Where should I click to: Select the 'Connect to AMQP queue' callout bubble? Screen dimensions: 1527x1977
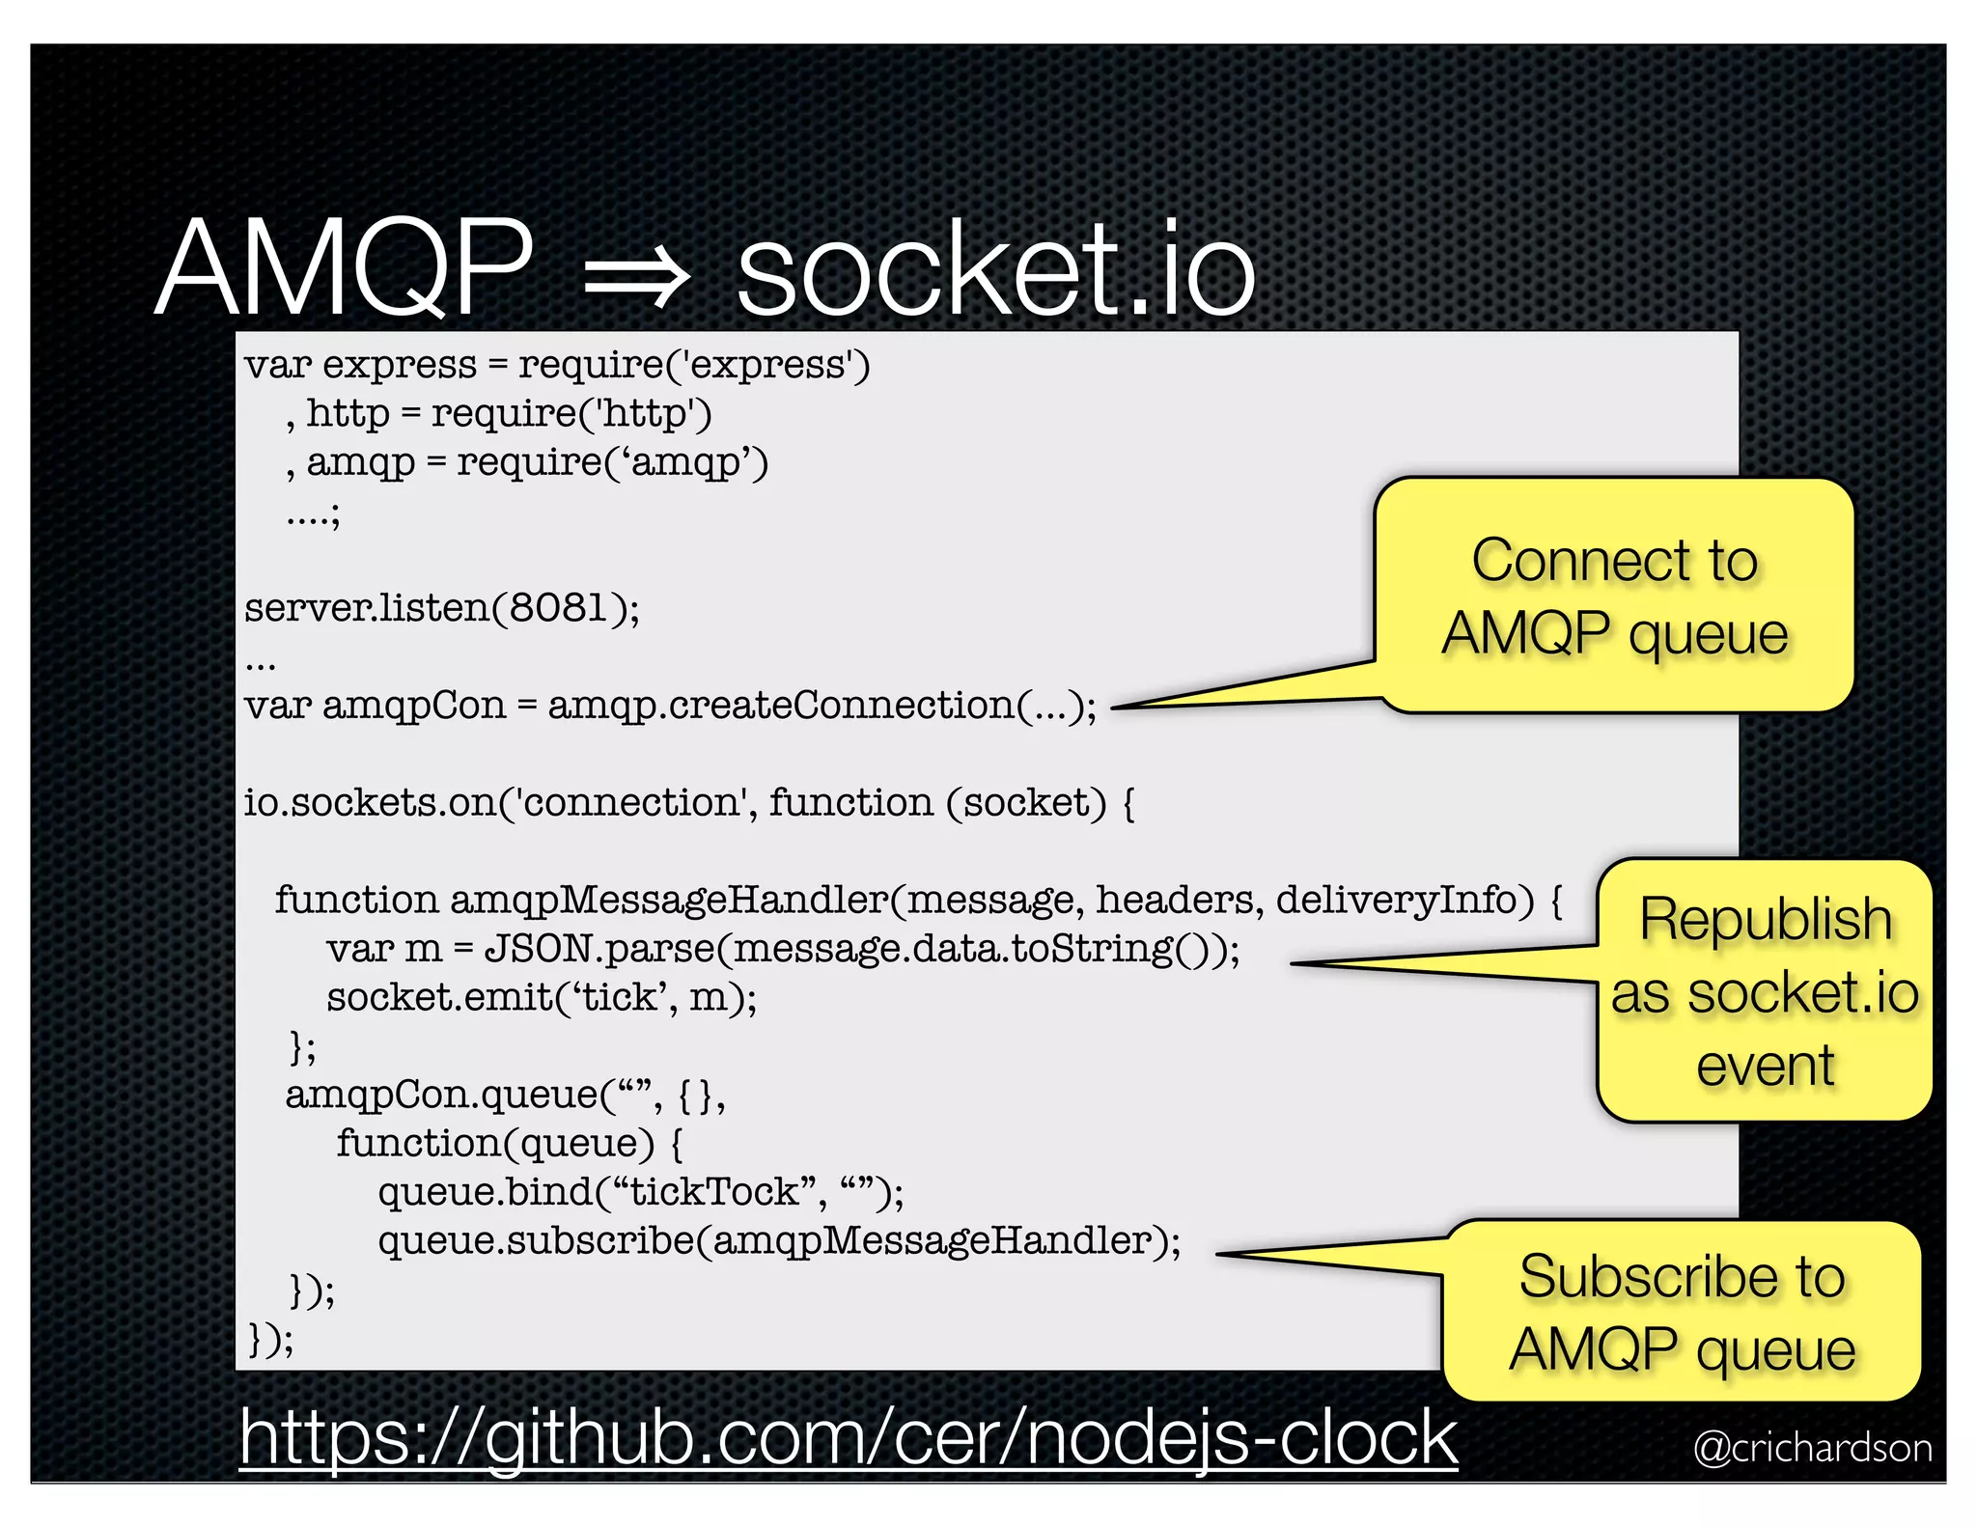[1614, 597]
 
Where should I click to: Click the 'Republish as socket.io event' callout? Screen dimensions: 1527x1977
[1764, 991]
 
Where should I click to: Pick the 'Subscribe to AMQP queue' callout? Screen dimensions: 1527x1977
[1682, 1312]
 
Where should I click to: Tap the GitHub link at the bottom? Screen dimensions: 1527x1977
[848, 1437]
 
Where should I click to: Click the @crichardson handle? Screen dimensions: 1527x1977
[1812, 1448]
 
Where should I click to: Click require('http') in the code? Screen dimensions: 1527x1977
[571, 414]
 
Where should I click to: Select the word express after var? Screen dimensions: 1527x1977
[400, 366]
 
